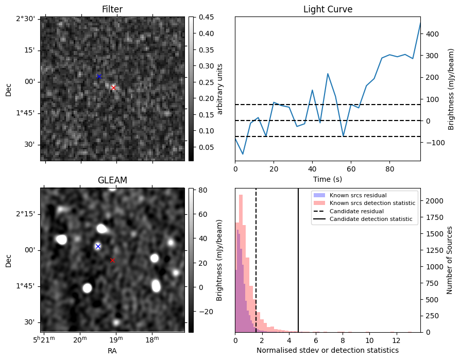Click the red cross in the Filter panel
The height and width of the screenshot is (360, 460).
pyautogui.click(x=113, y=88)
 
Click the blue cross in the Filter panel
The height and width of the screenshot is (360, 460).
pyautogui.click(x=99, y=77)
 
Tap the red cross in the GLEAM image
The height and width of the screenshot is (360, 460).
pyautogui.click(x=112, y=260)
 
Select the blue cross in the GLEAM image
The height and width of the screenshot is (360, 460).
pyautogui.click(x=98, y=247)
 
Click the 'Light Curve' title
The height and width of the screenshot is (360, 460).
pyautogui.click(x=328, y=9)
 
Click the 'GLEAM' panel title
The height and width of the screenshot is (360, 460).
pyautogui.click(x=112, y=180)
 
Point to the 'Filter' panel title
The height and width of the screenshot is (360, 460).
pyautogui.click(x=112, y=9)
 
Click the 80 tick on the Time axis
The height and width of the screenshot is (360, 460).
pyautogui.click(x=389, y=169)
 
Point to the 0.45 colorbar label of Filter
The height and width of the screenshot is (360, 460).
pyautogui.click(x=206, y=17)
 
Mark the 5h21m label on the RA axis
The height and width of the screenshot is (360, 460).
pyautogui.click(x=44, y=339)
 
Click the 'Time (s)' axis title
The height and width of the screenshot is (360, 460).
pyautogui.click(x=328, y=179)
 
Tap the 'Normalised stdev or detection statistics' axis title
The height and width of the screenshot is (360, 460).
pyautogui.click(x=328, y=350)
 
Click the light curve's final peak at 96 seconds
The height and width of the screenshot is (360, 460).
pyautogui.click(x=420, y=23)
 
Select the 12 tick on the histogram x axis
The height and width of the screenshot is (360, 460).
pyautogui.click(x=397, y=340)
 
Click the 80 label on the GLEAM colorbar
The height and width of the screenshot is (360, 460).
pyautogui.click(x=203, y=190)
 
